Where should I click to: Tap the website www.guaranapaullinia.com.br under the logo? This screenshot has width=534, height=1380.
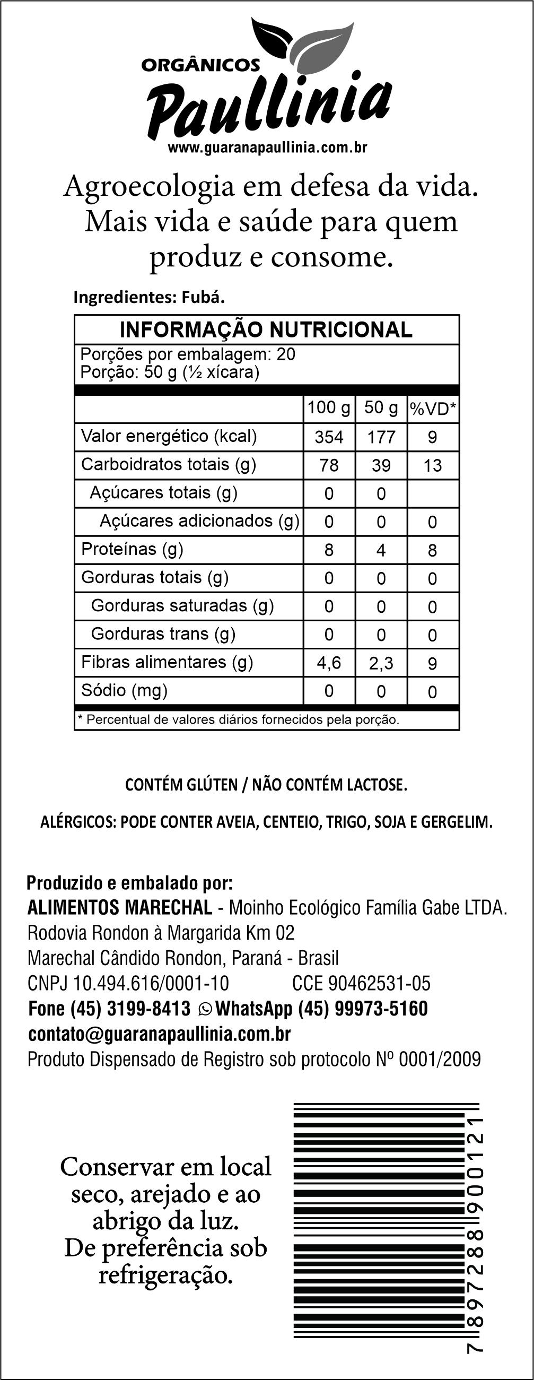pos(267,148)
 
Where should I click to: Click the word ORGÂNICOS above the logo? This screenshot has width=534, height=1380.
pos(200,65)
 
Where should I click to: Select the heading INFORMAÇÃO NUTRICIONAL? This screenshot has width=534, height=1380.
pos(266,329)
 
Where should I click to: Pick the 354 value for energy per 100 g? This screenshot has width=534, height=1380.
pos(329,437)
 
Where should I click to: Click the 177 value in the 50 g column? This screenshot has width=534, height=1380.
pos(381,437)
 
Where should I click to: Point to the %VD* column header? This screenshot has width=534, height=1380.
pos(433,409)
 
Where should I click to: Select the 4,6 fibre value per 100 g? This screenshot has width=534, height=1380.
pos(329,663)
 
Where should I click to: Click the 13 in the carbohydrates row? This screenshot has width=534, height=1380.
pos(433,465)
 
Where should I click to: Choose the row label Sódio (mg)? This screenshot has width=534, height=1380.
pos(124,691)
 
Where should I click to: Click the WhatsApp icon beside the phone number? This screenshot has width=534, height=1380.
pos(205,1009)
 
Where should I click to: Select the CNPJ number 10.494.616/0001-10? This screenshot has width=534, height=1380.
pos(151,984)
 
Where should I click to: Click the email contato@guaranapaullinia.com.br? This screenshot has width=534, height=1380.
pos(159,1034)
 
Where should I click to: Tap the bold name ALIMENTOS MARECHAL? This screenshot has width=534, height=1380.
pos(119,907)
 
